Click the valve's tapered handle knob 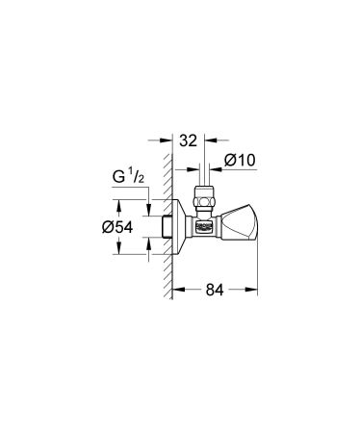click(x=238, y=228)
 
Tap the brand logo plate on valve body click(x=204, y=227)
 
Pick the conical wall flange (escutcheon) click(x=181, y=228)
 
